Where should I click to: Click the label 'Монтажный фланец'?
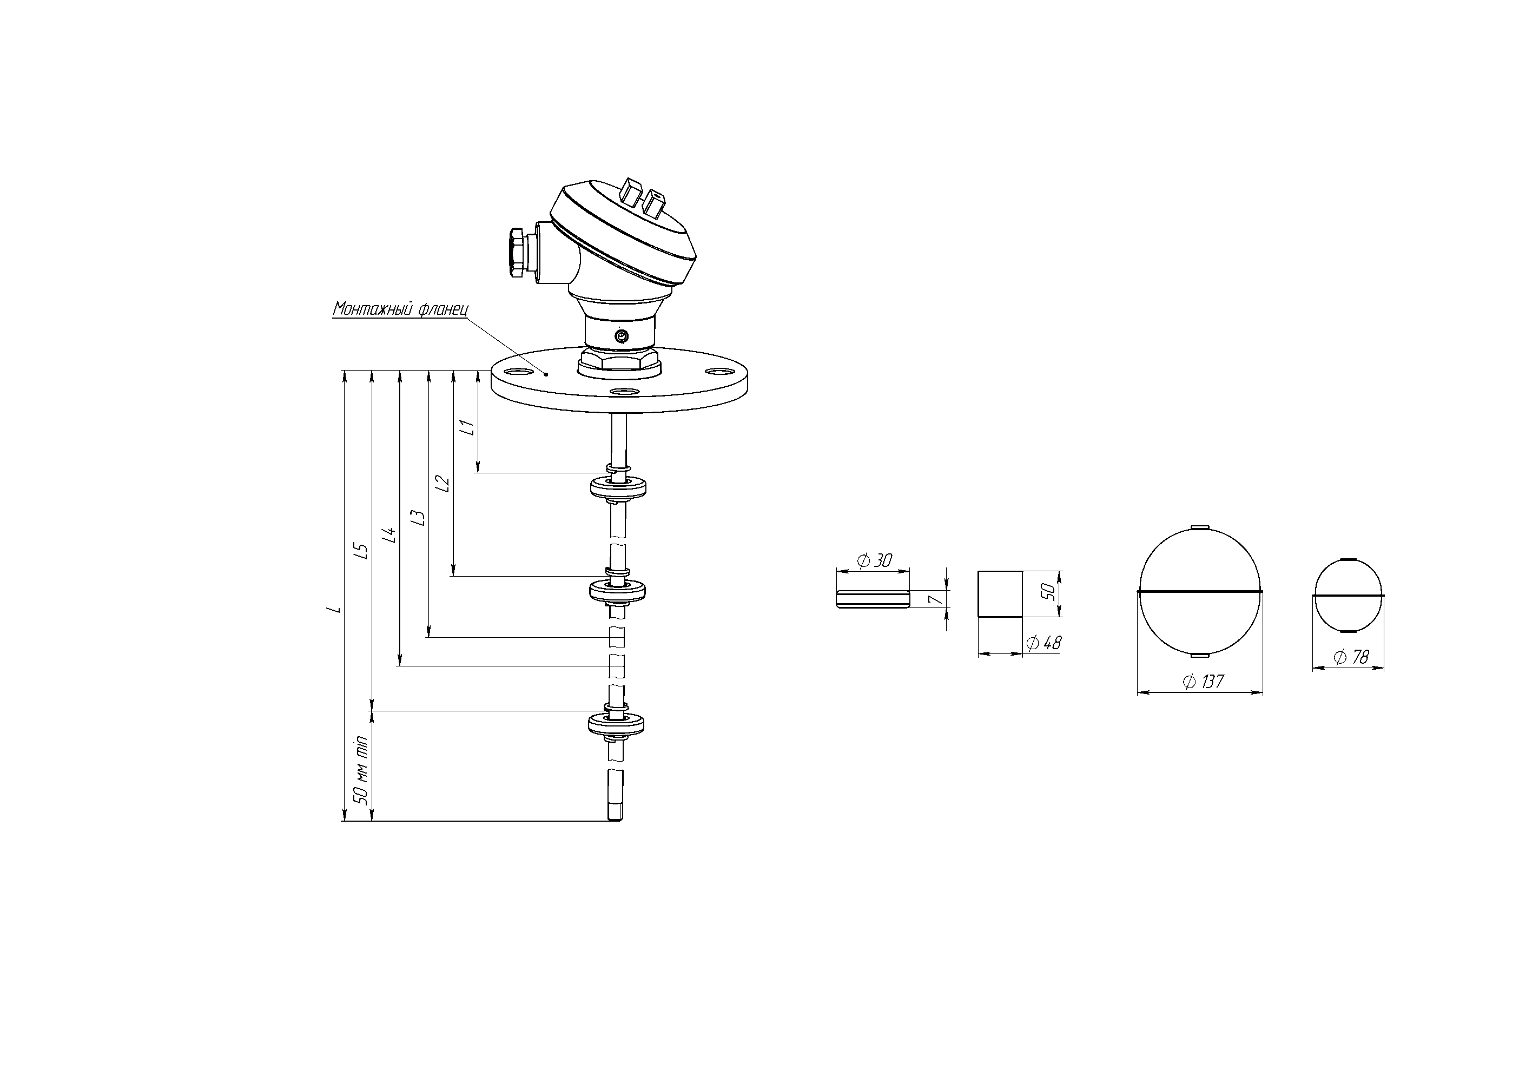coord(401,309)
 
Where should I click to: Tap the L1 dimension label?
coord(468,427)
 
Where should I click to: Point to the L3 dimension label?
coord(418,518)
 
